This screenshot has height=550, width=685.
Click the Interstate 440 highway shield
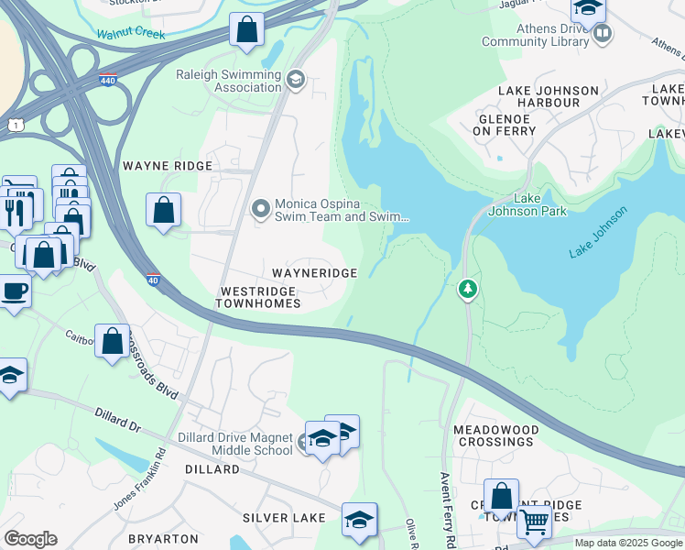click(x=108, y=80)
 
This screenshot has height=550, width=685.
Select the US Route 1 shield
click(x=16, y=123)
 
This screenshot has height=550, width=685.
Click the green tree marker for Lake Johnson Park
click(x=468, y=290)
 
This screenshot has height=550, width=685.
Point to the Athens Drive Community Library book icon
click(x=602, y=35)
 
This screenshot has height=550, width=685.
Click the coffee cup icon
click(x=14, y=292)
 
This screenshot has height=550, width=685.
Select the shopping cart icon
click(x=534, y=522)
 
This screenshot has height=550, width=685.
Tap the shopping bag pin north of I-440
click(x=246, y=30)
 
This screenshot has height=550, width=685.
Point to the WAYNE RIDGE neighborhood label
click(x=168, y=166)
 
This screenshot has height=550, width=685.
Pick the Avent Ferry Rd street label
click(x=448, y=510)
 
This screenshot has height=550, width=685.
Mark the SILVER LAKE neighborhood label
click(x=284, y=518)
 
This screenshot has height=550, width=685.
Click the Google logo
click(x=30, y=539)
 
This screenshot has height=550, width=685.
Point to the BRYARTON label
click(x=164, y=539)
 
